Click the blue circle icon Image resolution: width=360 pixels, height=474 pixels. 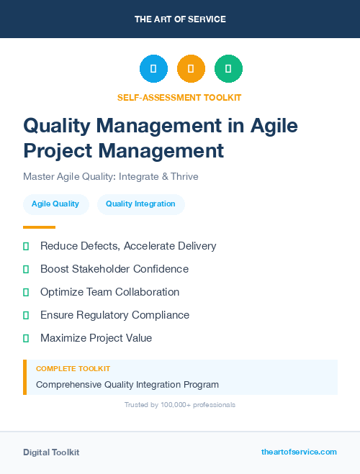(x=153, y=69)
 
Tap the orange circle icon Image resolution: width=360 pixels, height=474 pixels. (x=191, y=69)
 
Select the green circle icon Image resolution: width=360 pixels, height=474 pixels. (x=228, y=69)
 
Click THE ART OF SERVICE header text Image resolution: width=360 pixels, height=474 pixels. (x=180, y=19)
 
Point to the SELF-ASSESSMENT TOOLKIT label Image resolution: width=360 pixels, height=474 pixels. (x=179, y=97)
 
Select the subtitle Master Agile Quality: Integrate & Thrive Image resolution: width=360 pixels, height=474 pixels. (x=110, y=176)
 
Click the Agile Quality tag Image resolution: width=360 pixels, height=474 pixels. (x=55, y=204)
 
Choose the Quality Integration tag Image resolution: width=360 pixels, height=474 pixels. (x=140, y=204)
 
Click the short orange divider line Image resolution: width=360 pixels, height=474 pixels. (x=39, y=227)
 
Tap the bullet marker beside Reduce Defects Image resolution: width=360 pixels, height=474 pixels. (x=26, y=246)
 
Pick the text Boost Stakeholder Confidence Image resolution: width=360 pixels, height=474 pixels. (x=114, y=269)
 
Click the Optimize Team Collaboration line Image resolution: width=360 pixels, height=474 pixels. (x=109, y=292)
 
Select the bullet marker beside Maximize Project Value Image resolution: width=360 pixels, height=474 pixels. (x=26, y=338)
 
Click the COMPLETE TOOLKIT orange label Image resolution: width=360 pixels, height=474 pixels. (x=68, y=369)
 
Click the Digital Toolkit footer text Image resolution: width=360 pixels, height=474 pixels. (x=51, y=452)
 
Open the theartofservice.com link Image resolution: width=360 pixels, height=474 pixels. (x=299, y=452)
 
